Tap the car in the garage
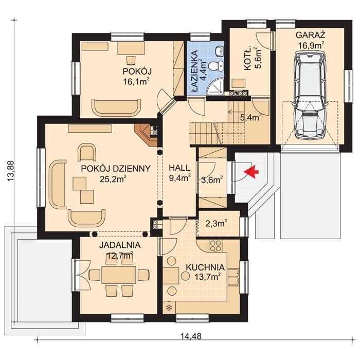tap(311, 95)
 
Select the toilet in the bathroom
tap(216, 66)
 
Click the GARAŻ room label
tap(311, 35)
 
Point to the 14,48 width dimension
tap(191, 336)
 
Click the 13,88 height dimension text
tap(11, 171)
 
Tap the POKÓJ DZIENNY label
tap(116, 169)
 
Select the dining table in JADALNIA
tap(118, 274)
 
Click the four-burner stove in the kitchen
tap(216, 245)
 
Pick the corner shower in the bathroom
tap(216, 87)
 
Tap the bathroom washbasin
tap(220, 51)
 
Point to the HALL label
tap(179, 168)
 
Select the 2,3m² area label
tap(216, 223)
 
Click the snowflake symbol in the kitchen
tap(169, 308)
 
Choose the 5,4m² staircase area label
tap(251, 118)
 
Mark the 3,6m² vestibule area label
tap(212, 180)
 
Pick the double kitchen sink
tap(233, 277)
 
